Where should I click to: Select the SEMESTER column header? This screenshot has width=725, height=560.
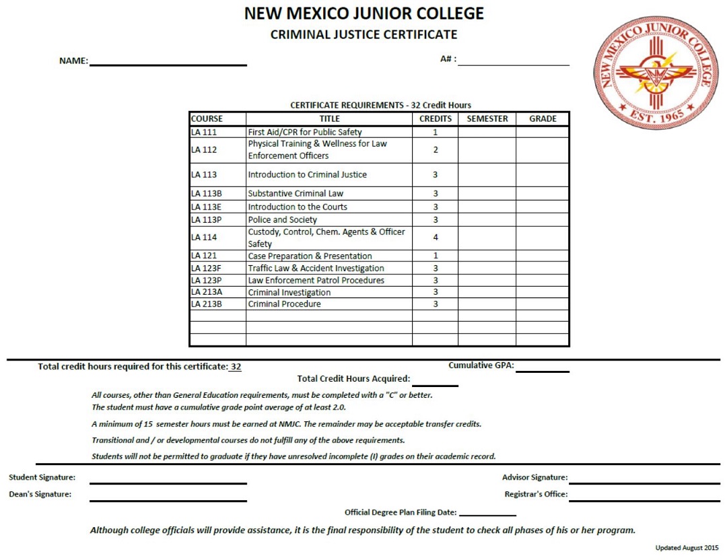[x=487, y=119]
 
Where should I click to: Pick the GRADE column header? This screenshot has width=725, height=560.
[x=543, y=119]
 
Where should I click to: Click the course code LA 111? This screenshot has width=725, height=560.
[x=204, y=133]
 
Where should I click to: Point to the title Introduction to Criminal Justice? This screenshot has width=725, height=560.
[x=308, y=175]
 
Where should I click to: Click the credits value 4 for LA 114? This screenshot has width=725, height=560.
[x=435, y=238]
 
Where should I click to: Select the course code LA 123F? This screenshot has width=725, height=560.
[x=207, y=269]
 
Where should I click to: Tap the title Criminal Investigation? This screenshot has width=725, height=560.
[x=289, y=293]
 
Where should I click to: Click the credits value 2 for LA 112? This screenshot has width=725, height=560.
[x=435, y=150]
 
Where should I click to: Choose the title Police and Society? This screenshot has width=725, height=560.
[x=282, y=220]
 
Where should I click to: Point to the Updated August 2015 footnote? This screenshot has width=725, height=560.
[x=687, y=548]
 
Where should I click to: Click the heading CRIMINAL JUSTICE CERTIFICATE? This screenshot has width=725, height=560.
[x=364, y=35]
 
